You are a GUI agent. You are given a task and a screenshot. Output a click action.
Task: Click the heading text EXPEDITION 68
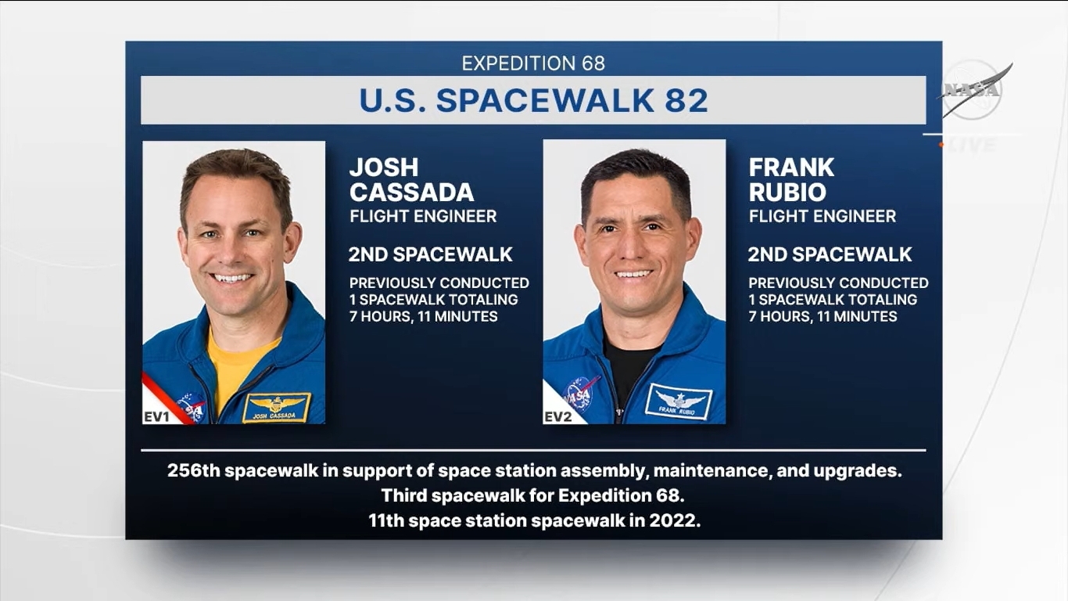point(533,63)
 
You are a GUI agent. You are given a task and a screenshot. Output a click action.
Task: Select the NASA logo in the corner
point(973,90)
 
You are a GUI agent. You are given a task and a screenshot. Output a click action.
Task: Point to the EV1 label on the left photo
point(157,417)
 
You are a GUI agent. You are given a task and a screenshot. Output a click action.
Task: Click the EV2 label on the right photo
point(557,417)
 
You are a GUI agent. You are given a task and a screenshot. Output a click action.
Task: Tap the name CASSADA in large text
point(412,193)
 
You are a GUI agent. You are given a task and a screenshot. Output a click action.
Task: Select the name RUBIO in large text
point(787,193)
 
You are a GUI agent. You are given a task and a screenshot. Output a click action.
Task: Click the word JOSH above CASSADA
point(384,167)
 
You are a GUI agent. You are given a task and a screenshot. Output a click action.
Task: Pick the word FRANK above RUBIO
point(791,167)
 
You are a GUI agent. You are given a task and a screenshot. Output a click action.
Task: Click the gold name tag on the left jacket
point(276,407)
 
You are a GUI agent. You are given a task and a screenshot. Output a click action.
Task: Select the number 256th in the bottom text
point(194,471)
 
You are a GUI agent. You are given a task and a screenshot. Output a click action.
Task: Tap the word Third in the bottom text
point(403,495)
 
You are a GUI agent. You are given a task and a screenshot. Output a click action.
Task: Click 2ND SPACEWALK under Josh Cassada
point(431,255)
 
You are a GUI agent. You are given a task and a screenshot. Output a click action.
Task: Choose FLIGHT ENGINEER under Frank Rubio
point(823,217)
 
